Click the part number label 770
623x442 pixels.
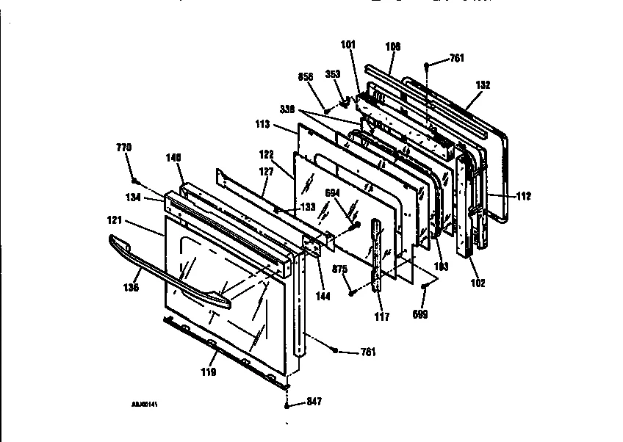(125, 148)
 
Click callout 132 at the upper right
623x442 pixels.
(482, 85)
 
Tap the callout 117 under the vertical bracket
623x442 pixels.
(382, 316)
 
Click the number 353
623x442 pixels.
(332, 74)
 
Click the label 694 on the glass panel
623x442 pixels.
(332, 192)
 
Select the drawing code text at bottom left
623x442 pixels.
(145, 404)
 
